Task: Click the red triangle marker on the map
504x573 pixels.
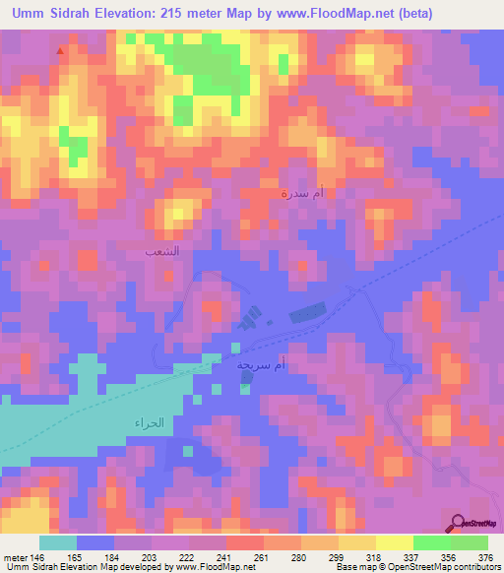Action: point(61,49)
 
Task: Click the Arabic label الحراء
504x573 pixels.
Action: point(146,422)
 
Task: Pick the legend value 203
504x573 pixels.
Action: point(149,555)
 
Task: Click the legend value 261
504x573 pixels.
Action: point(261,555)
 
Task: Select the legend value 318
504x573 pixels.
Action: point(372,555)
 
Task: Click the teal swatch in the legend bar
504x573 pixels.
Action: point(58,542)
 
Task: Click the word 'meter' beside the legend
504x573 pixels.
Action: point(14,555)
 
